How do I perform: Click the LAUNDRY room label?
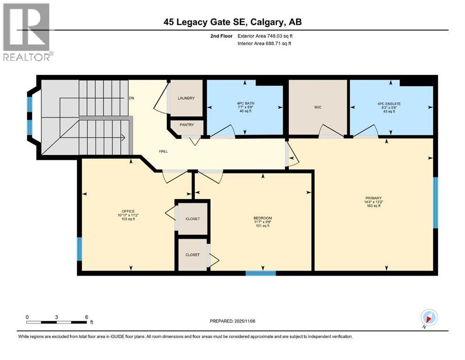(x=186, y=98)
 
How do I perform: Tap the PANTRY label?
(x=186, y=126)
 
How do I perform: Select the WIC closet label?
(x=317, y=107)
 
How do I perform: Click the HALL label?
(x=163, y=151)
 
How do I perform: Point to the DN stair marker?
(x=132, y=98)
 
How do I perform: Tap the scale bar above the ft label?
(x=57, y=322)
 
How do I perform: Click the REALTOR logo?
(x=27, y=32)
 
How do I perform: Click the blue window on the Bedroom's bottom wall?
(x=260, y=273)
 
